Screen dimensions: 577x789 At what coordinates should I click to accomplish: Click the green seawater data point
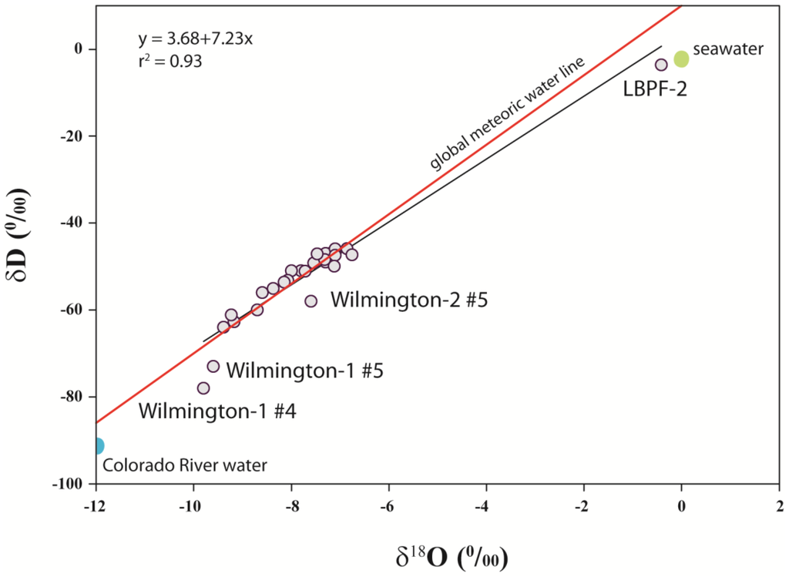coord(681,59)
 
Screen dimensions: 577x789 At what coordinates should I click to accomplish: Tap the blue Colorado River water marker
coord(96,445)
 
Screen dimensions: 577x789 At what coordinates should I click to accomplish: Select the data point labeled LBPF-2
coord(661,65)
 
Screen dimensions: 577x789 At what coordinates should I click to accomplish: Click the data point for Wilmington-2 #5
coord(311,301)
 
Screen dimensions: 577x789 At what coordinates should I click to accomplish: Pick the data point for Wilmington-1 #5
coord(213,366)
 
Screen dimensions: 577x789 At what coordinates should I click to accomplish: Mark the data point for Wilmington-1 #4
coord(203,388)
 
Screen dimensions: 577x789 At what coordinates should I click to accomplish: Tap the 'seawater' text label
coord(728,50)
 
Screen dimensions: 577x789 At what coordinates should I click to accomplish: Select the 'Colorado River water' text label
coord(185,465)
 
